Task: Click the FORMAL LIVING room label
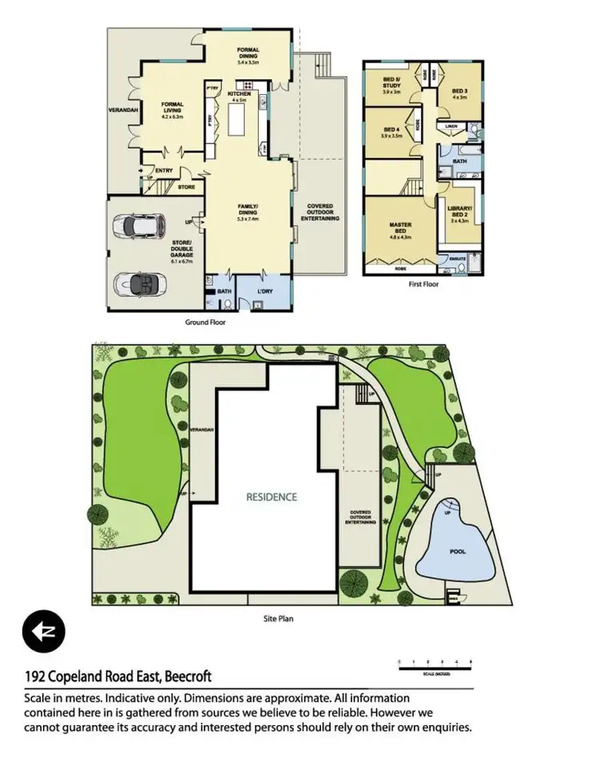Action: [173, 109]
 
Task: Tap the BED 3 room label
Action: [459, 94]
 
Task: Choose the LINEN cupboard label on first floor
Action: [451, 125]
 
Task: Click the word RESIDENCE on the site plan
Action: [271, 497]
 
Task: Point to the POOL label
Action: [457, 551]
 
